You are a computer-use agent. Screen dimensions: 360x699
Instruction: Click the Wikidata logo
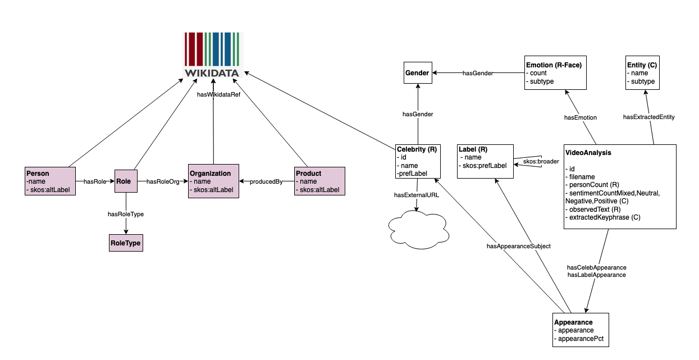tap(212, 55)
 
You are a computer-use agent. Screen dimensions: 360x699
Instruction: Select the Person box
tap(51, 181)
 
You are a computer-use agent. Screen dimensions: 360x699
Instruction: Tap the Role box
tap(126, 181)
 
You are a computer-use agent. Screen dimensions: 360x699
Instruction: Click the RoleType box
tap(126, 243)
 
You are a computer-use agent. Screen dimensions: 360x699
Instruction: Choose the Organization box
tap(213, 181)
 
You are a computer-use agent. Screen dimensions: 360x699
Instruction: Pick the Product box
tap(319, 181)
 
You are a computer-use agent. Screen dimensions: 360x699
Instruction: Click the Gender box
tap(417, 73)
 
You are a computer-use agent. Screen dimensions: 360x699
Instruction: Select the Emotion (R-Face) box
tap(555, 73)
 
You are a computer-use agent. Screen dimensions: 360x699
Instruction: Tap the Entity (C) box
tap(643, 73)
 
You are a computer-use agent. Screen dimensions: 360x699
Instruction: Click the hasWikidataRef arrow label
tap(218, 95)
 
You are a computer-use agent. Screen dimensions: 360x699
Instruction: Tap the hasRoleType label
tap(125, 213)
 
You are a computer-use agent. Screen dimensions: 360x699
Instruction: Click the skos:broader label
tap(541, 162)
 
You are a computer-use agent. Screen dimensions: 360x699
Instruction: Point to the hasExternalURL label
tap(416, 195)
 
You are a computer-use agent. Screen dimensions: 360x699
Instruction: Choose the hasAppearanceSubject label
tap(519, 246)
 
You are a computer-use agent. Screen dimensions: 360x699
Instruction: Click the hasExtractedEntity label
tap(649, 117)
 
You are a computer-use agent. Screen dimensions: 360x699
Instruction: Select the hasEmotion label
tap(580, 117)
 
